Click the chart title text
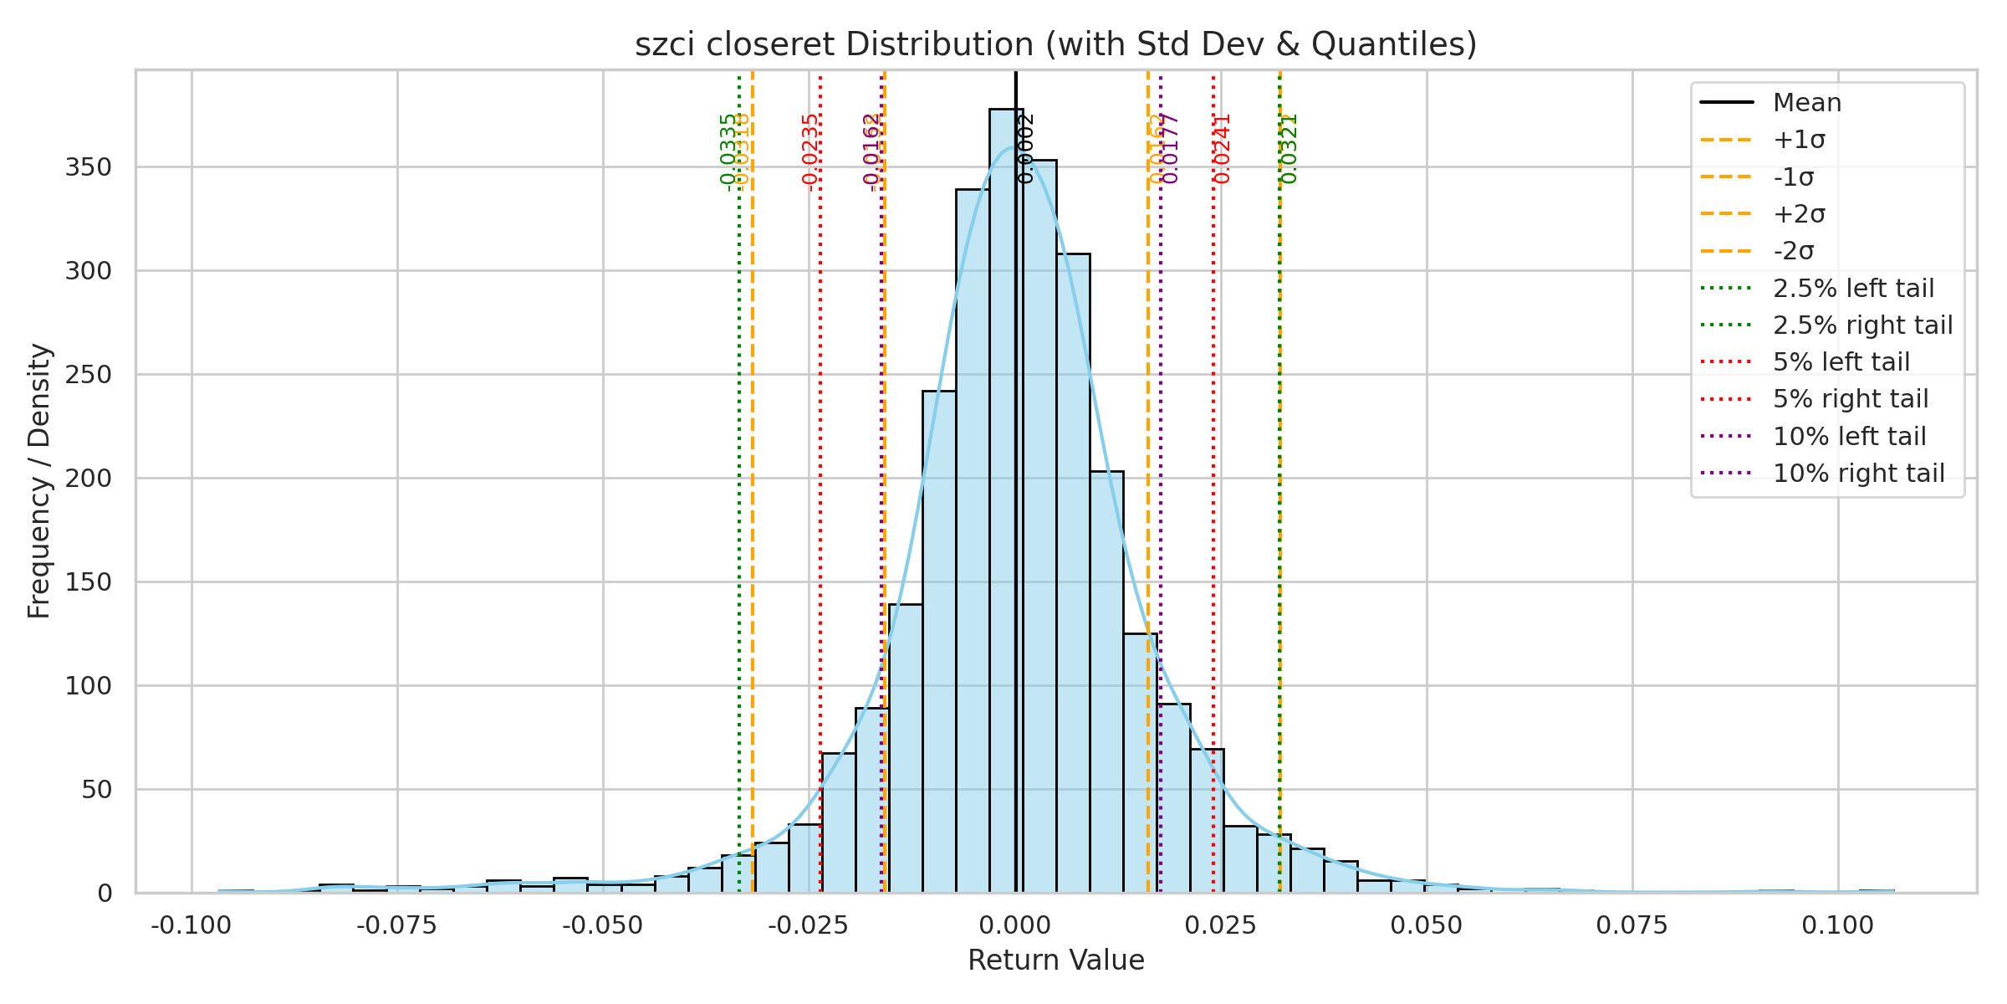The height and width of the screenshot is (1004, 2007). pos(1055,44)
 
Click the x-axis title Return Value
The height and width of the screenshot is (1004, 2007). pos(1055,960)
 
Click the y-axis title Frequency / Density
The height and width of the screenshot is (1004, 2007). pos(39,481)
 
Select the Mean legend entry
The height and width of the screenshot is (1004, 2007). pos(1806,103)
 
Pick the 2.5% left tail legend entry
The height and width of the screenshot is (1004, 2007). pos(1853,289)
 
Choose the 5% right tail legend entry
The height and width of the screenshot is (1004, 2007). pos(1850,399)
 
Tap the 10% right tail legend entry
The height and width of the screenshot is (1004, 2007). pos(1858,474)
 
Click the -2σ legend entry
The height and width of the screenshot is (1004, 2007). pos(1794,251)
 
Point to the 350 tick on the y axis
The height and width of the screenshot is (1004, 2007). pos(88,167)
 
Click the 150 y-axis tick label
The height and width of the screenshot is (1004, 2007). pos(88,582)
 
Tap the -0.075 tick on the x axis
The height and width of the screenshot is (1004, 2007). pos(397,926)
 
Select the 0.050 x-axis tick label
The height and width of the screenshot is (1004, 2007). pos(1426,926)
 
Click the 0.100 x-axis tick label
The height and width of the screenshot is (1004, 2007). pos(1837,926)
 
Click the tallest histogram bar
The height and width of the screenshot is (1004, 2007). pos(1006,502)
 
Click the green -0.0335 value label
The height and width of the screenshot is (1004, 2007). pos(728,152)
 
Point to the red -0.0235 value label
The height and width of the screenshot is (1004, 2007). pos(809,152)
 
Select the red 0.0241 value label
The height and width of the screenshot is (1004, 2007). pos(1223,149)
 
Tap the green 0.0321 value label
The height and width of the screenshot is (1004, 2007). pos(1289,149)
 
